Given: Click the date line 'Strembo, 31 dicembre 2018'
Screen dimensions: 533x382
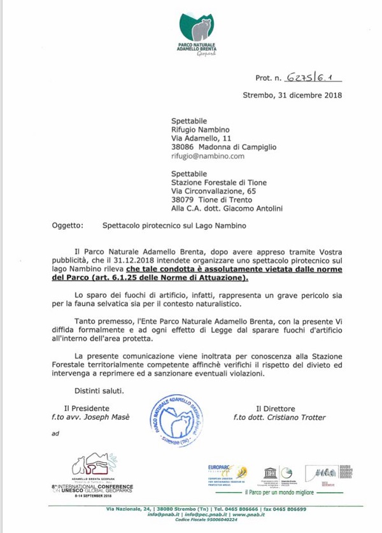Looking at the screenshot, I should (292, 96).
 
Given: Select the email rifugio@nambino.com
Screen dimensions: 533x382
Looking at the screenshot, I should (208, 155).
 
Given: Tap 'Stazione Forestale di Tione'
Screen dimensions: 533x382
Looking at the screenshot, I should (219, 182).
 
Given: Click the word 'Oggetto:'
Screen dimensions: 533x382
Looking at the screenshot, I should (67, 225).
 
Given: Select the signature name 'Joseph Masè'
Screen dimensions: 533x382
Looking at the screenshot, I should (113, 417).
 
